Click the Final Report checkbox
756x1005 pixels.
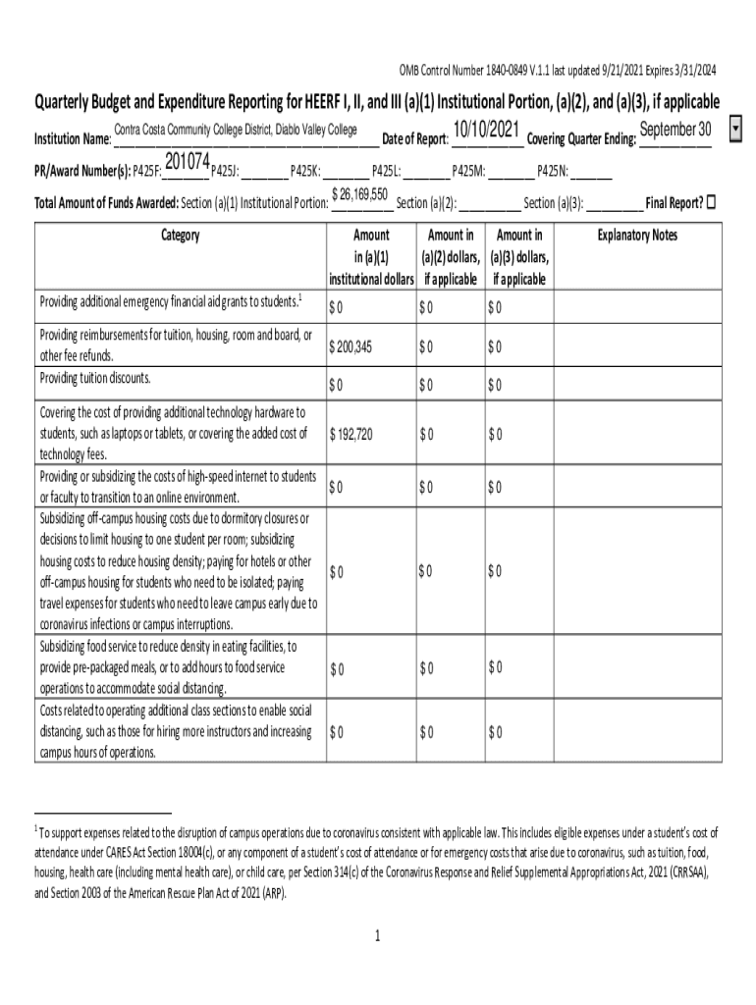(x=712, y=203)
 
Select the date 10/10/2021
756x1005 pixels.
(x=488, y=131)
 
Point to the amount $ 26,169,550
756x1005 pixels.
(x=360, y=194)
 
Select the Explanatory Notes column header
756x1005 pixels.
(x=637, y=236)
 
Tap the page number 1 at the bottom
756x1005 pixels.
(x=377, y=936)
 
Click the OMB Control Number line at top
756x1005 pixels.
(x=557, y=70)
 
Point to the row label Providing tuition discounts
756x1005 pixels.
(x=95, y=379)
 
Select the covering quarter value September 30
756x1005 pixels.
(x=675, y=131)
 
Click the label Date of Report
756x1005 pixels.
(x=415, y=139)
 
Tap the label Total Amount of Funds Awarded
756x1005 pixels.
(x=106, y=204)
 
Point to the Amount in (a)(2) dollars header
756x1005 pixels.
(x=451, y=257)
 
